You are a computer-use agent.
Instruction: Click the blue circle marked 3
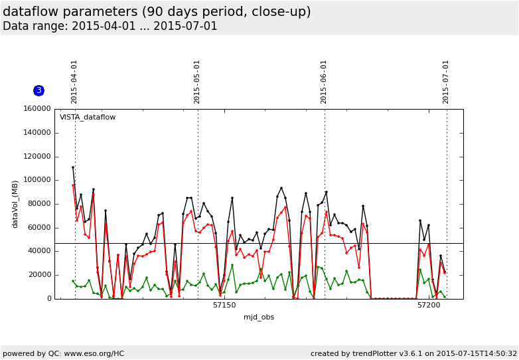click(x=38, y=90)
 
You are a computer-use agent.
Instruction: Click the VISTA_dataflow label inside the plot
click(x=88, y=118)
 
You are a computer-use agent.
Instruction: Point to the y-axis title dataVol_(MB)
click(x=15, y=204)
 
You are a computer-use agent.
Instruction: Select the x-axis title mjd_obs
click(x=259, y=317)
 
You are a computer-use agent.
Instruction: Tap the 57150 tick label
click(x=224, y=306)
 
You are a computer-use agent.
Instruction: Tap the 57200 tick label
click(x=429, y=306)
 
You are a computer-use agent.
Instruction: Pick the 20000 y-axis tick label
click(x=37, y=275)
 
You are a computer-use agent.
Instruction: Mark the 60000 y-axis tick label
click(x=37, y=228)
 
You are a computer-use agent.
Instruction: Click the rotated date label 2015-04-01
click(x=74, y=82)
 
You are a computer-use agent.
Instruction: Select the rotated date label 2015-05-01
click(x=197, y=82)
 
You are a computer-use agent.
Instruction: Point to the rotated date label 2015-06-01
click(x=324, y=82)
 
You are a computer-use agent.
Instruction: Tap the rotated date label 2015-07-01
click(x=446, y=82)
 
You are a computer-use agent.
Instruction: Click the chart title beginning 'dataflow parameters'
click(x=157, y=12)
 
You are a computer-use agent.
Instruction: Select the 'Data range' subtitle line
click(x=110, y=27)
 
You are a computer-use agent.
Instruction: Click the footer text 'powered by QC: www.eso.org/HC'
click(x=64, y=353)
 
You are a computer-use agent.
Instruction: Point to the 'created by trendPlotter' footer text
click(x=413, y=353)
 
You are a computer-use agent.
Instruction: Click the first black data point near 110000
click(x=73, y=167)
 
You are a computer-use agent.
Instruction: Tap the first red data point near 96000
click(x=73, y=185)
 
